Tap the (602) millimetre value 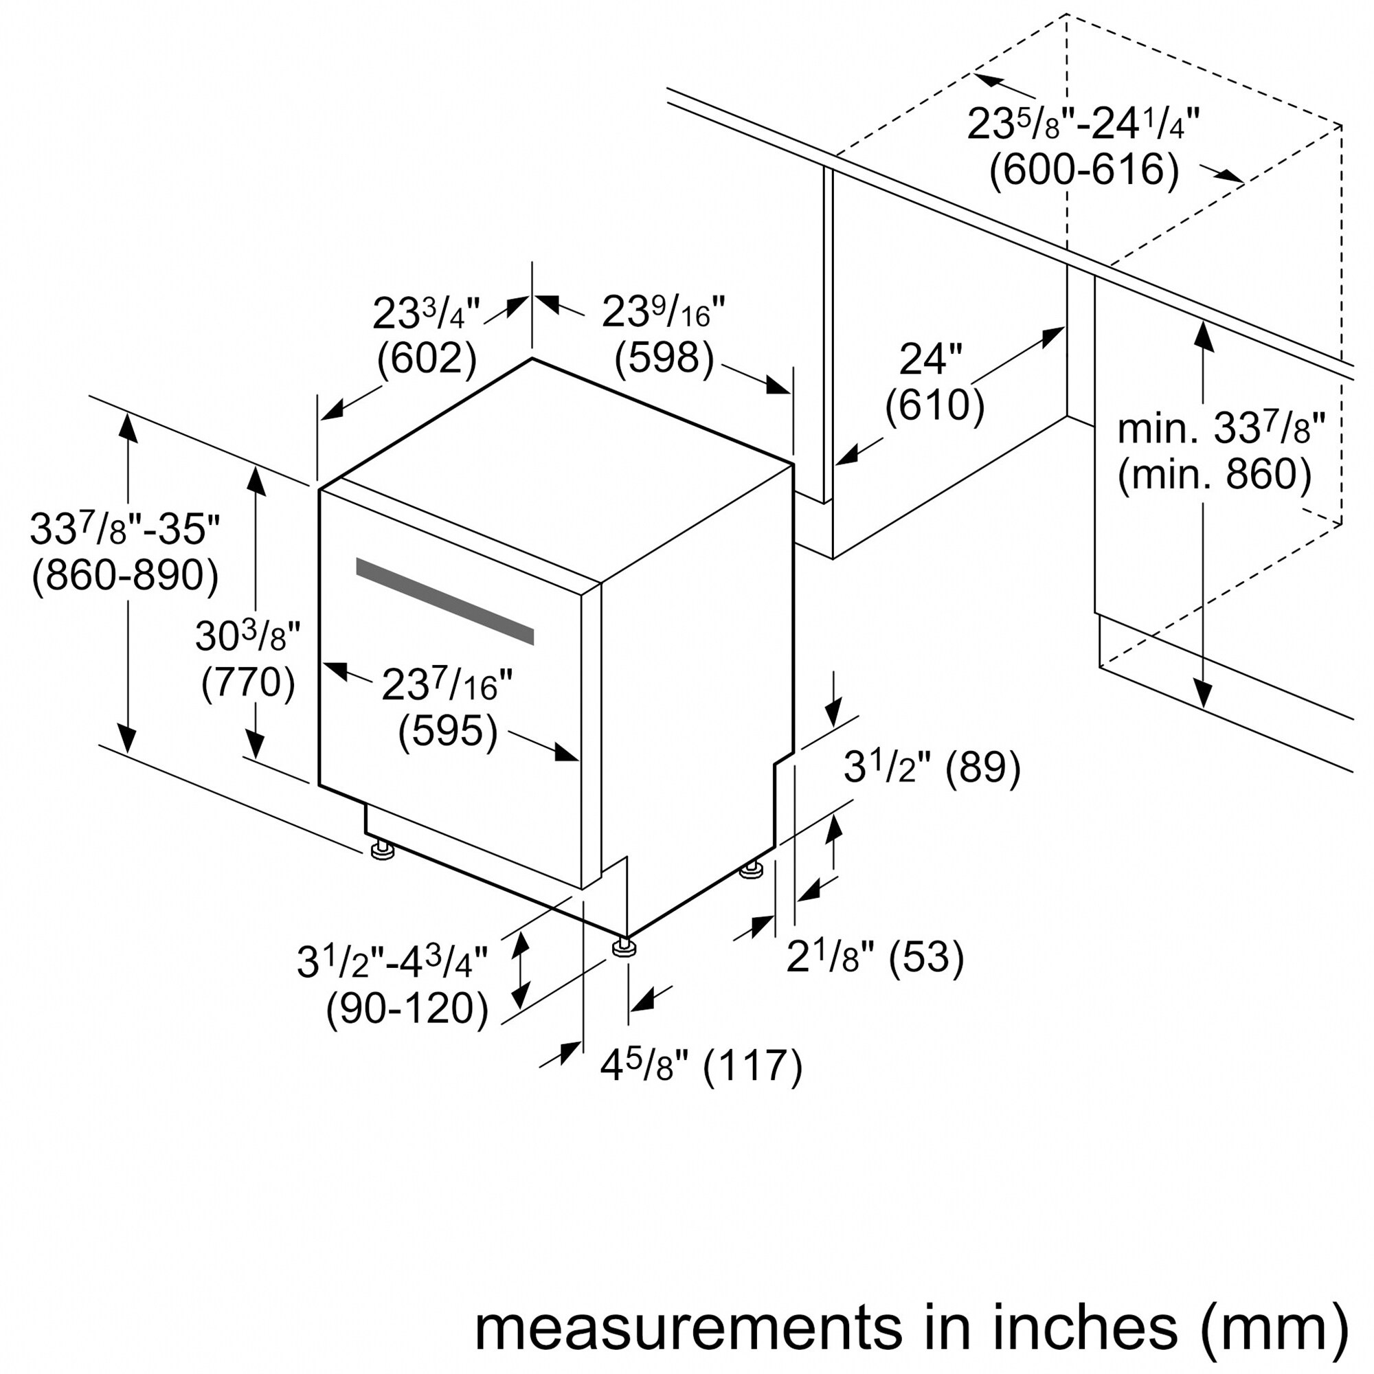click(426, 359)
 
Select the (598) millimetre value click(664, 358)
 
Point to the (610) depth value click(934, 406)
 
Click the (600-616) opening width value click(1085, 170)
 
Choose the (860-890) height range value click(125, 574)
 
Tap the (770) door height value click(248, 684)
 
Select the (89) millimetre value click(983, 767)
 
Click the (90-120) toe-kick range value click(407, 1008)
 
